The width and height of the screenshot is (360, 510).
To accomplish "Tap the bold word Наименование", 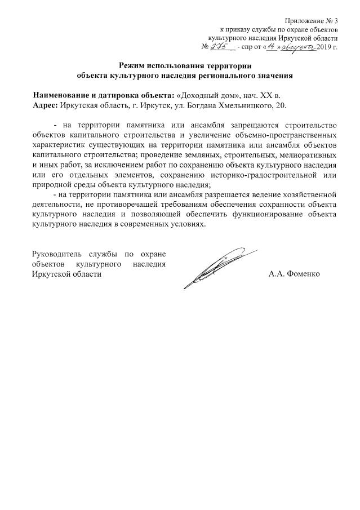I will tap(63, 95).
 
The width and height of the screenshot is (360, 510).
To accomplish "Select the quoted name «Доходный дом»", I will tap(201, 95).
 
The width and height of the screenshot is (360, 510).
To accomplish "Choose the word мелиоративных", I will tap(308, 155).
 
